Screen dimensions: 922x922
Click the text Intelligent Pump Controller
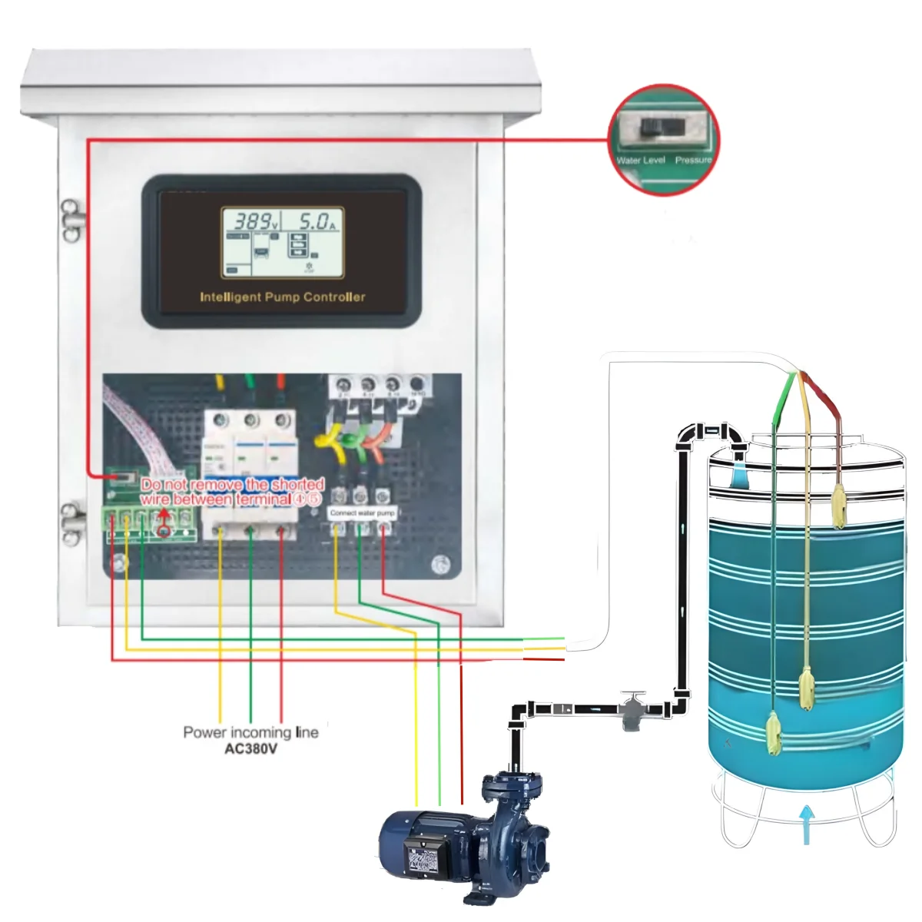(x=282, y=297)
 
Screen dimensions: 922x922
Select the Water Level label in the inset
(x=640, y=160)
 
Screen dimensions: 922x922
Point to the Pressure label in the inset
(x=693, y=160)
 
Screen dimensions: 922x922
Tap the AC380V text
(x=250, y=748)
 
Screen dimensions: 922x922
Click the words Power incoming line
(x=250, y=732)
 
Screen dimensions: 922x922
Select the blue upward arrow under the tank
(x=806, y=823)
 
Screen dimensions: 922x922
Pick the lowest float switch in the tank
(x=774, y=734)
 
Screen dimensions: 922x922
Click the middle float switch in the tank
(x=807, y=688)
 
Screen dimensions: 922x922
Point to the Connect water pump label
(x=362, y=512)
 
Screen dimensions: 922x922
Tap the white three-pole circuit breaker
(x=250, y=473)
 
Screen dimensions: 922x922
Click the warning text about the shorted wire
(x=233, y=492)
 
